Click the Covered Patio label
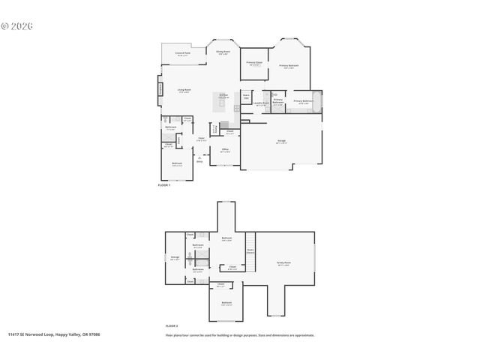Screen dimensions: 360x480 (x=182, y=53)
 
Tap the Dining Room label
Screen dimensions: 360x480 (x=223, y=52)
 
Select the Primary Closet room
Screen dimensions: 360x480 (x=254, y=63)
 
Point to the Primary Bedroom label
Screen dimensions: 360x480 (x=289, y=66)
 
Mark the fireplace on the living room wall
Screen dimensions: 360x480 (x=160, y=90)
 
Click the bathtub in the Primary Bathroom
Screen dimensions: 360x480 (x=317, y=100)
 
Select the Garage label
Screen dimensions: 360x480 (x=280, y=141)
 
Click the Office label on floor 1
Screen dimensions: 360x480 (x=224, y=150)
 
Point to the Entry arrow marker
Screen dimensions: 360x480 (x=199, y=158)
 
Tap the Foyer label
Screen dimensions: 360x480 (x=202, y=139)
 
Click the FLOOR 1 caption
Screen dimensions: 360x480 (x=164, y=184)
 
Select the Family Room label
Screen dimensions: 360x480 (x=283, y=263)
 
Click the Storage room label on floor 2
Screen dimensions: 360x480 (x=175, y=258)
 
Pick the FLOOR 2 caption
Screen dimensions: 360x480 (x=172, y=326)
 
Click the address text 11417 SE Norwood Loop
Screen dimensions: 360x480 (x=53, y=335)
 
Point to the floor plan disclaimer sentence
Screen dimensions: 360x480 (x=240, y=335)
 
